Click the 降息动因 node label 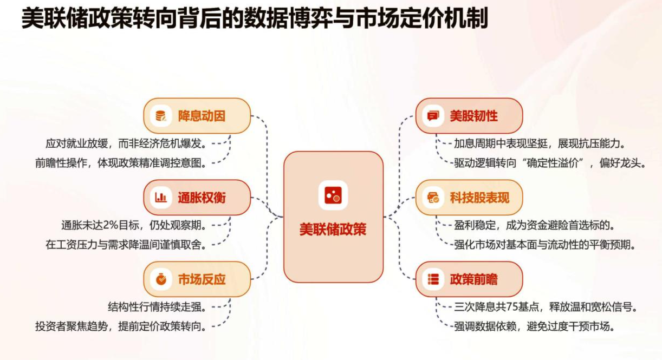pos(202,116)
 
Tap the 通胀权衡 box pos(197,198)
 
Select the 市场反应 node pos(197,279)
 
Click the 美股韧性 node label pos(473,116)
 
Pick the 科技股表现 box pos(469,198)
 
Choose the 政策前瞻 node pos(469,279)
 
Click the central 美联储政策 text pos(333,229)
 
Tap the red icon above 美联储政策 pos(333,195)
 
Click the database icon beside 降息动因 pos(161,116)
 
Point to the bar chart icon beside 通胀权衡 pos(161,197)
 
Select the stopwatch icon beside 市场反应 pos(161,279)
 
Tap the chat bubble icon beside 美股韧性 pos(433,116)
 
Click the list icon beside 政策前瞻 pos(433,279)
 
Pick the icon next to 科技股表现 pos(433,197)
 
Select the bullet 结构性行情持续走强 pos(157,307)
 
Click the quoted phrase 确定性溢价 pos(552,163)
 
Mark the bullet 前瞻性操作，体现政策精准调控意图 pos(121,163)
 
